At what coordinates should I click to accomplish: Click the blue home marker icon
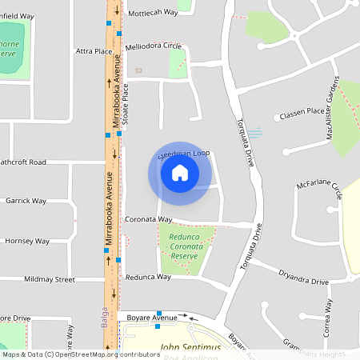point(179,173)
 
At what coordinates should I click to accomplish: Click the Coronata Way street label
point(149,218)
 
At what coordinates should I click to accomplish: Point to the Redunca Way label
point(148,277)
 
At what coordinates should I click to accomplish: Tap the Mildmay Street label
point(50,280)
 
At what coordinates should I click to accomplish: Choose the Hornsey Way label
point(27,241)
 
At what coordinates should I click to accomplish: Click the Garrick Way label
point(26,201)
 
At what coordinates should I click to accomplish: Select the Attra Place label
point(94,51)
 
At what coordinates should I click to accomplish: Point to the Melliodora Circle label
point(154,46)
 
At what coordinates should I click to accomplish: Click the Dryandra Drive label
point(303,281)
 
